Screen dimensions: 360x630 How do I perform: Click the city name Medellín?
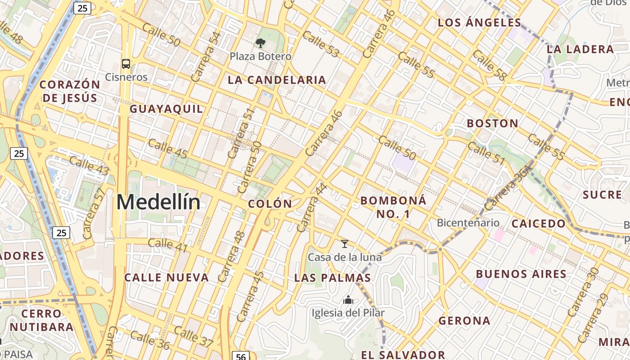point(158,202)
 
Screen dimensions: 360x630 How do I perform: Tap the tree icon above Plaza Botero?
point(260,43)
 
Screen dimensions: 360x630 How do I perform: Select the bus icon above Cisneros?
point(126,64)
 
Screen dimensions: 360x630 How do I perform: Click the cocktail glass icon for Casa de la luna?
point(345,244)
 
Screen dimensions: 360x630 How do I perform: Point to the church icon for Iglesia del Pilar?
point(348,300)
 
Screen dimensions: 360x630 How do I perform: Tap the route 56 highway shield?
point(241,356)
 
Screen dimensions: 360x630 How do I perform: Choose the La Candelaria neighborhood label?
point(277,80)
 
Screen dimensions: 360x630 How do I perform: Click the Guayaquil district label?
point(166,109)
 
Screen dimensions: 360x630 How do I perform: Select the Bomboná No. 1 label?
point(393,207)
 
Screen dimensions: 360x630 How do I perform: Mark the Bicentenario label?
point(468,223)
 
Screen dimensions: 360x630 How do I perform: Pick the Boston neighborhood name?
point(492,123)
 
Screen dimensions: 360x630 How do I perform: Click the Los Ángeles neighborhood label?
point(480,22)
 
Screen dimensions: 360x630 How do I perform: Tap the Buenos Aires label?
point(521,274)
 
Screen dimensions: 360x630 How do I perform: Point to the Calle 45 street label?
point(167,149)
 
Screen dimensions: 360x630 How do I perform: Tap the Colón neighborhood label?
point(270,204)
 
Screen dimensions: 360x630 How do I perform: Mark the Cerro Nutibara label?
point(41,320)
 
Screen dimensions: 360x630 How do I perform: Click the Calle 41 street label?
point(167,243)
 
